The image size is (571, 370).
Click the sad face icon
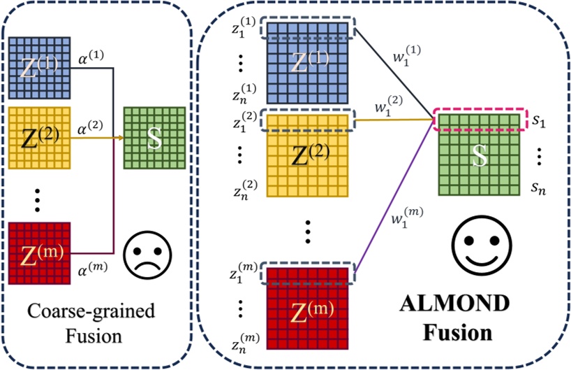(x=147, y=255)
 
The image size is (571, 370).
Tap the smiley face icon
(x=482, y=246)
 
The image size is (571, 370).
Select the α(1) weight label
(x=91, y=57)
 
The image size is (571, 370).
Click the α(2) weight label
(x=90, y=128)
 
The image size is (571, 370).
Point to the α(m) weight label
(x=93, y=270)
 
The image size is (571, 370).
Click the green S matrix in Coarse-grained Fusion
(x=154, y=138)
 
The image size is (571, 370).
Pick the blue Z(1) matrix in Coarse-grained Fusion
(x=39, y=68)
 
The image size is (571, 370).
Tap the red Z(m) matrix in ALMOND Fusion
(x=307, y=308)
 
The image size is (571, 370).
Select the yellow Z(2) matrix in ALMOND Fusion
(x=307, y=156)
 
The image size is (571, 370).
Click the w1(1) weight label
(x=407, y=55)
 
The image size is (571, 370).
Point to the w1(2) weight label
(x=389, y=106)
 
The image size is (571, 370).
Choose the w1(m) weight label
(x=407, y=217)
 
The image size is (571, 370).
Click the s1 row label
(x=539, y=120)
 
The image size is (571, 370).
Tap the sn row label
(x=539, y=187)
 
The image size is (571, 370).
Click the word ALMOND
(x=455, y=304)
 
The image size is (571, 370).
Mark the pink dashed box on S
(x=480, y=119)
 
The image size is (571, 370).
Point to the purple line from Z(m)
(x=394, y=196)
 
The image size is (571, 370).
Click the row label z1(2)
(x=244, y=121)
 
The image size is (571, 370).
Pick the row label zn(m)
(x=246, y=343)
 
